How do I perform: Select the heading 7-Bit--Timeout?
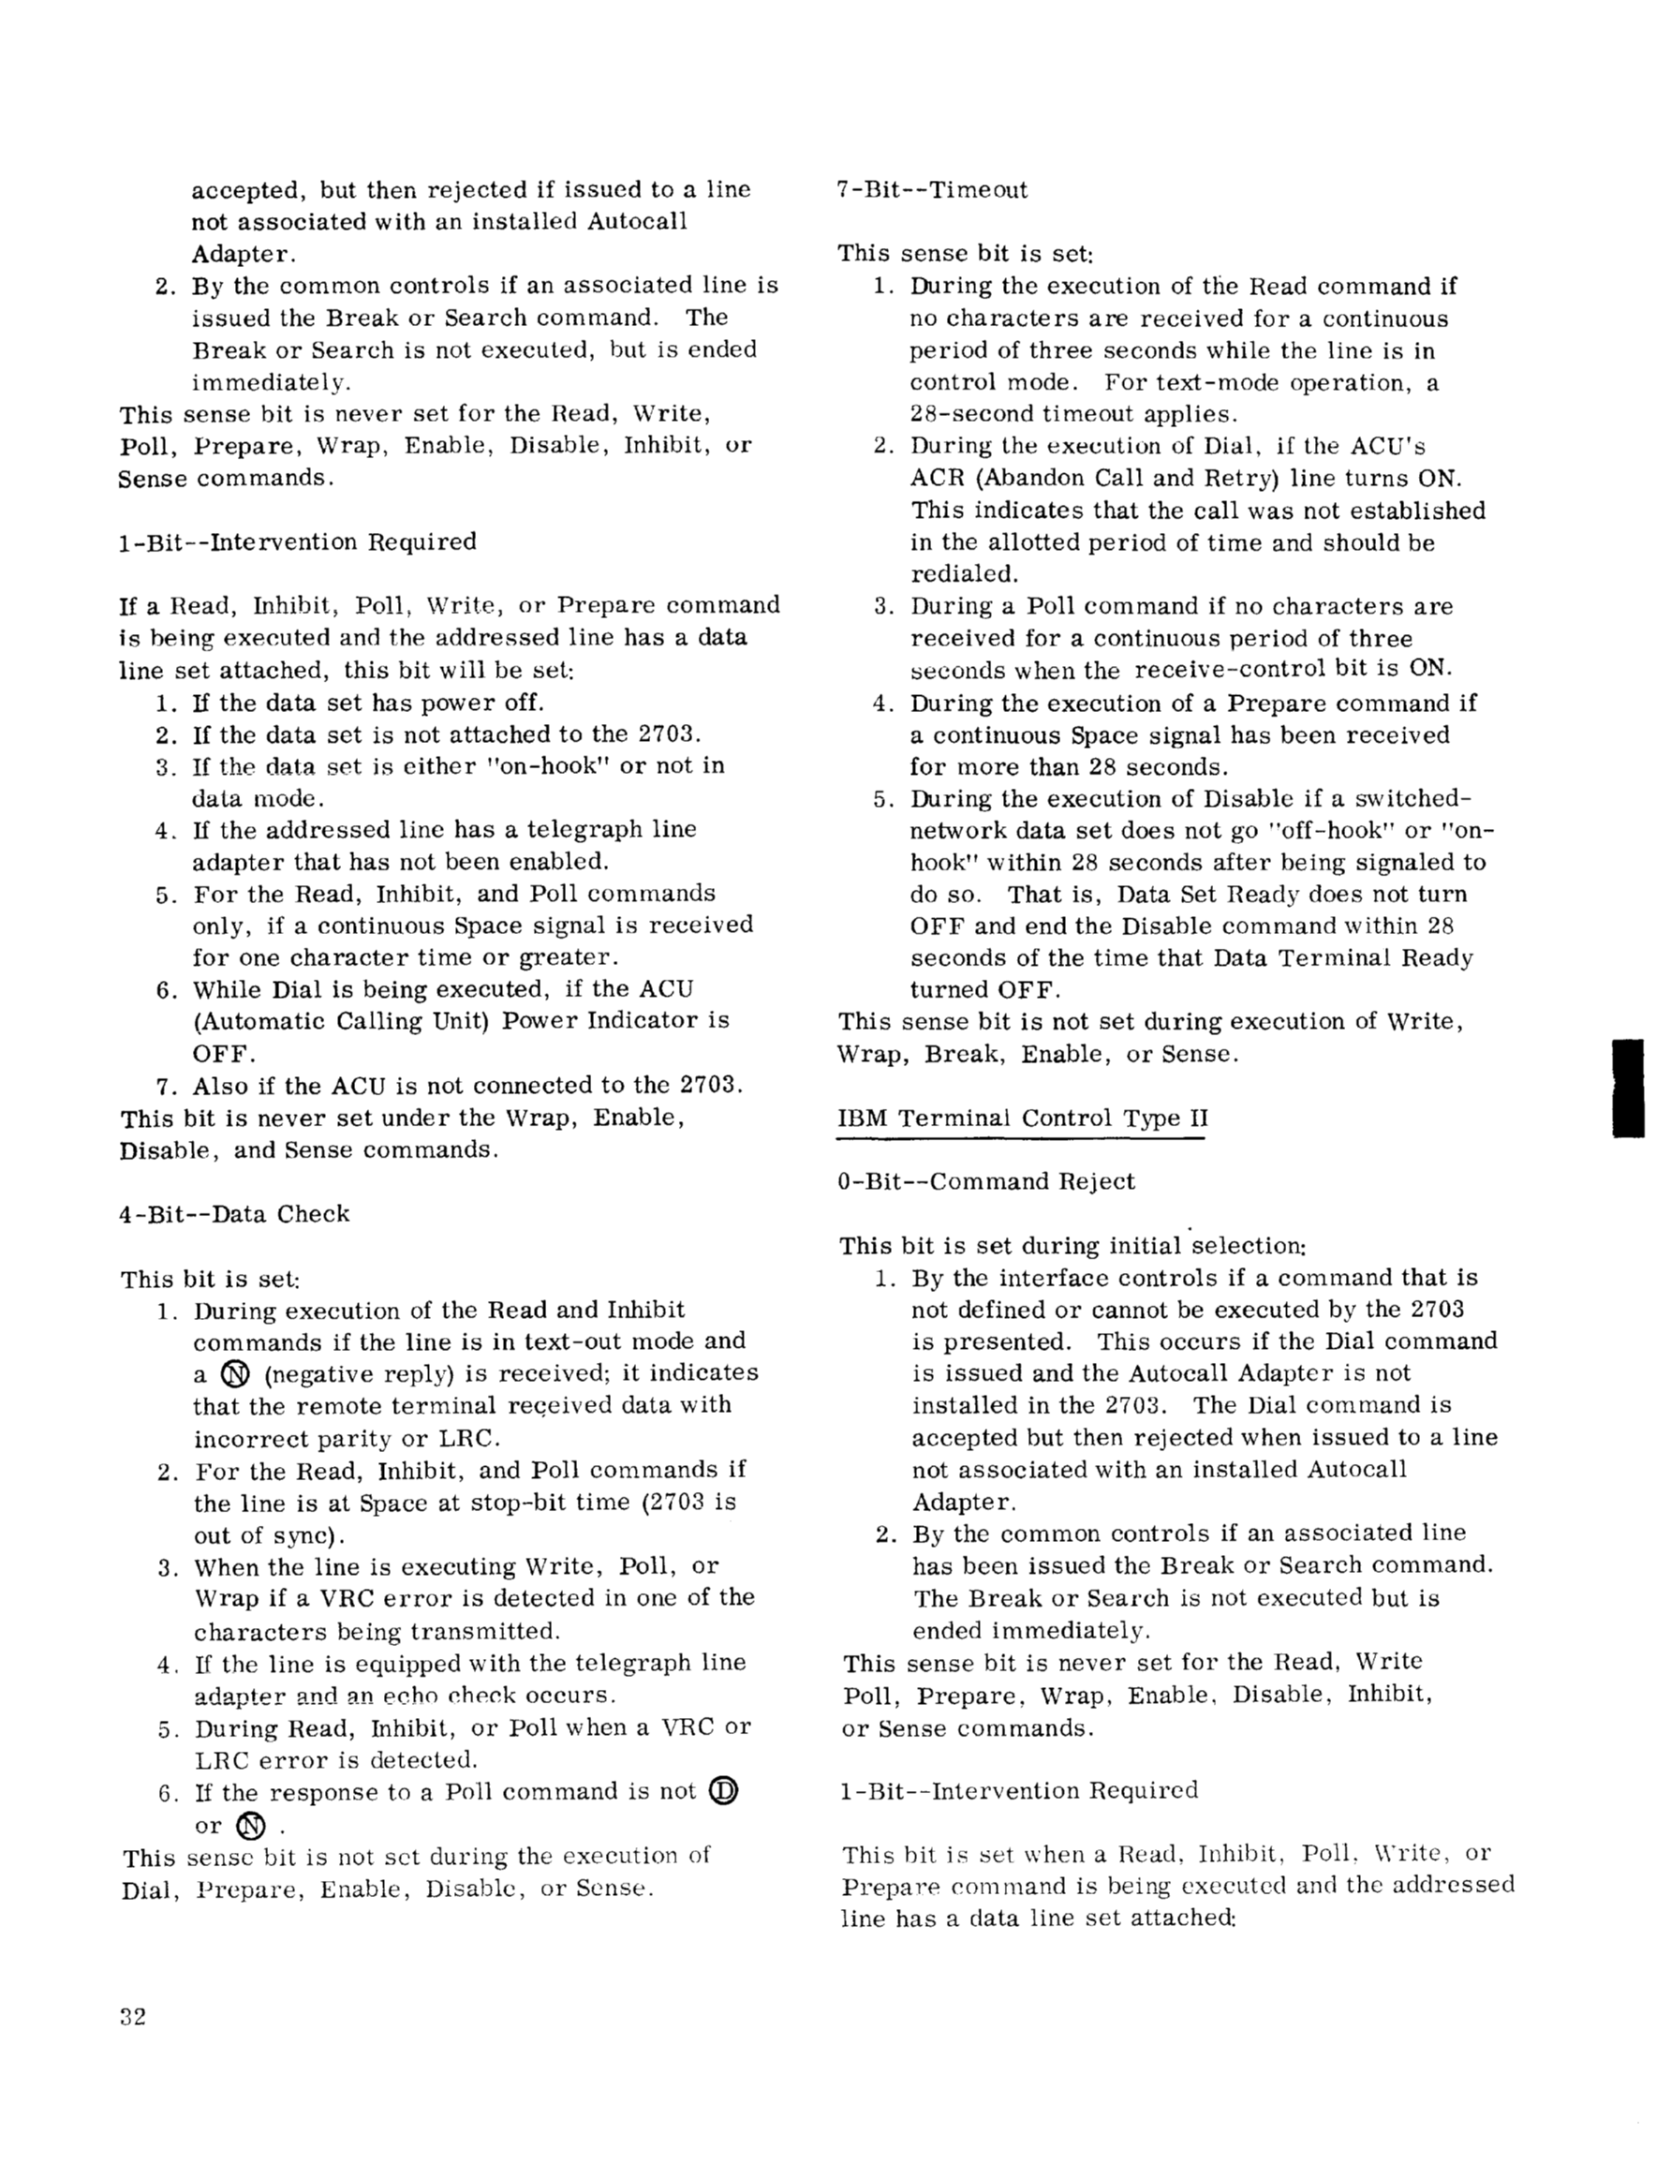932,189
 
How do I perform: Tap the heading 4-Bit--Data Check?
234,1214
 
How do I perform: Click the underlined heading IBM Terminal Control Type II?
1022,1119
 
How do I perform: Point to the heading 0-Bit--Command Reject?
985,1181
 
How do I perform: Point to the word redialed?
950,574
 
